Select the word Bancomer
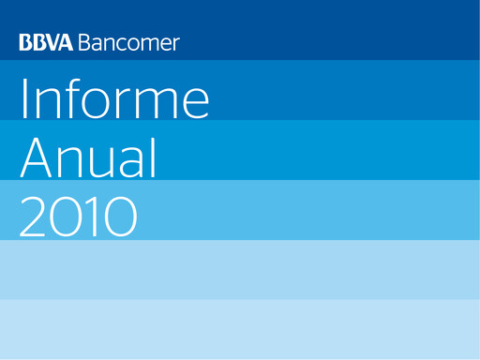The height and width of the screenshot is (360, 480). (129, 43)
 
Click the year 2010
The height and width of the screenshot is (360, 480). (79, 217)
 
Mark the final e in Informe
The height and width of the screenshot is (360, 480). (195, 102)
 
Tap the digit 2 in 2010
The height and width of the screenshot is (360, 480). (35, 217)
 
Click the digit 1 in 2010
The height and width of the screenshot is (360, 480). (77, 217)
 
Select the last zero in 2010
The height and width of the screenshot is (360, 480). (118, 217)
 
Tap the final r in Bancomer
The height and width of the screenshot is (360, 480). (176, 45)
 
